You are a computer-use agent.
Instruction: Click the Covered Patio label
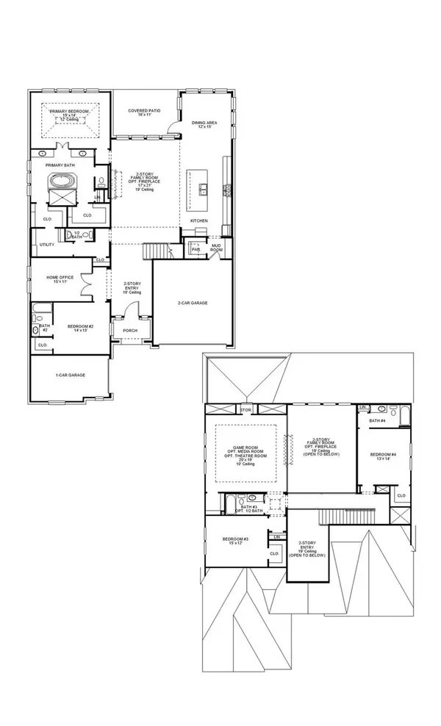[x=144, y=112]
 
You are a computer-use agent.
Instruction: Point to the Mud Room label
[x=216, y=248]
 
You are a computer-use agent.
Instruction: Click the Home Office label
[x=57, y=278]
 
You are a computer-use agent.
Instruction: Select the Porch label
[x=130, y=331]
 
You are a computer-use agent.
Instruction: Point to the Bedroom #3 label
[x=235, y=542]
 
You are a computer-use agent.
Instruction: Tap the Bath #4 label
[x=378, y=421]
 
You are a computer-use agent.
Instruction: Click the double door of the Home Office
[x=87, y=279]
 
